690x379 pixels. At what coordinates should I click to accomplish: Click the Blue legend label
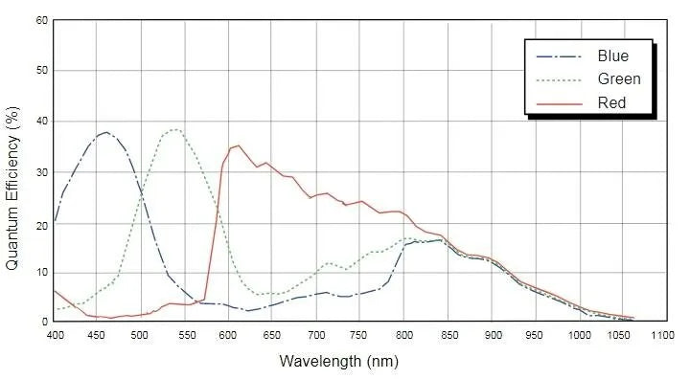click(x=612, y=56)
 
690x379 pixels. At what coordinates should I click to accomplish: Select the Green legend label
click(x=617, y=79)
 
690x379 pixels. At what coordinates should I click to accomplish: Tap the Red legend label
click(x=611, y=102)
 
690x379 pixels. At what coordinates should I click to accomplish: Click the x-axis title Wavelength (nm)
click(x=338, y=362)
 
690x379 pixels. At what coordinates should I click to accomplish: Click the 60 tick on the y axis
click(x=41, y=20)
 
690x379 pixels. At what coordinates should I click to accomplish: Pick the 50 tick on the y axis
click(x=41, y=71)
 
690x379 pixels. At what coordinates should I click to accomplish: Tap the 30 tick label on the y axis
click(x=41, y=171)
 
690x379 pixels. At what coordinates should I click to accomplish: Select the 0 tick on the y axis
click(x=44, y=323)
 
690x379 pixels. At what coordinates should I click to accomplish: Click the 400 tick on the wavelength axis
click(x=55, y=336)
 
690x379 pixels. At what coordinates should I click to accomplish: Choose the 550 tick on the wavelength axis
click(x=184, y=336)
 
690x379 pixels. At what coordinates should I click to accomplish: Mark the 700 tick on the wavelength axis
click(x=315, y=336)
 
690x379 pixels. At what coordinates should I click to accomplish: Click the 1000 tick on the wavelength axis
click(x=578, y=336)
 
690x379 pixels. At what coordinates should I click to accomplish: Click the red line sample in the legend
click(x=557, y=102)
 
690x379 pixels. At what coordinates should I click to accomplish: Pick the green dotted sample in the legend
click(x=557, y=79)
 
